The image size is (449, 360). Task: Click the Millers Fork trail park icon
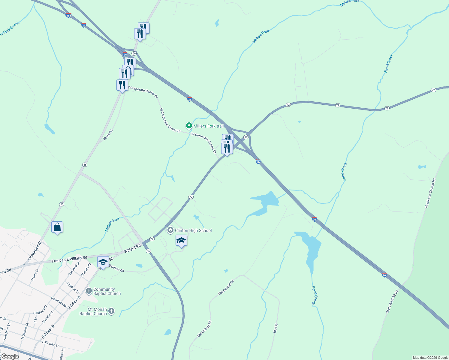point(189,126)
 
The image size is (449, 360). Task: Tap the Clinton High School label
point(193,230)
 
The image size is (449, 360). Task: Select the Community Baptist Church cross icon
point(89,291)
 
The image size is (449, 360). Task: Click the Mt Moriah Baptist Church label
point(93,311)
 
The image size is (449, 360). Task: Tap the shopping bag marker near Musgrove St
point(57,227)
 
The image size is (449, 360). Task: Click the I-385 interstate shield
point(68,15)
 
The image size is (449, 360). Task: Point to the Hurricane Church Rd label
point(430,193)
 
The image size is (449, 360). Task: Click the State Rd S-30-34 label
point(392,301)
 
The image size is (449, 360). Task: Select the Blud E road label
point(276,328)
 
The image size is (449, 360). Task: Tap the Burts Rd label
point(108,135)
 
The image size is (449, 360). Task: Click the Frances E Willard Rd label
point(69,259)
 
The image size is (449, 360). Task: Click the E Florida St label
point(50,343)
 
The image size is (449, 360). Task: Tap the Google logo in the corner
point(10,356)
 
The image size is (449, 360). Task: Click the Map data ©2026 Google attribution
point(430,358)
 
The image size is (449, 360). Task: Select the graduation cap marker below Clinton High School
point(181,240)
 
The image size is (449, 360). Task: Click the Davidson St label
point(59,302)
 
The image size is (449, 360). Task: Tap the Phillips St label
point(73,288)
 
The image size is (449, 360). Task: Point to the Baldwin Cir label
point(116,268)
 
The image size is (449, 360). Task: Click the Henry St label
point(35,275)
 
